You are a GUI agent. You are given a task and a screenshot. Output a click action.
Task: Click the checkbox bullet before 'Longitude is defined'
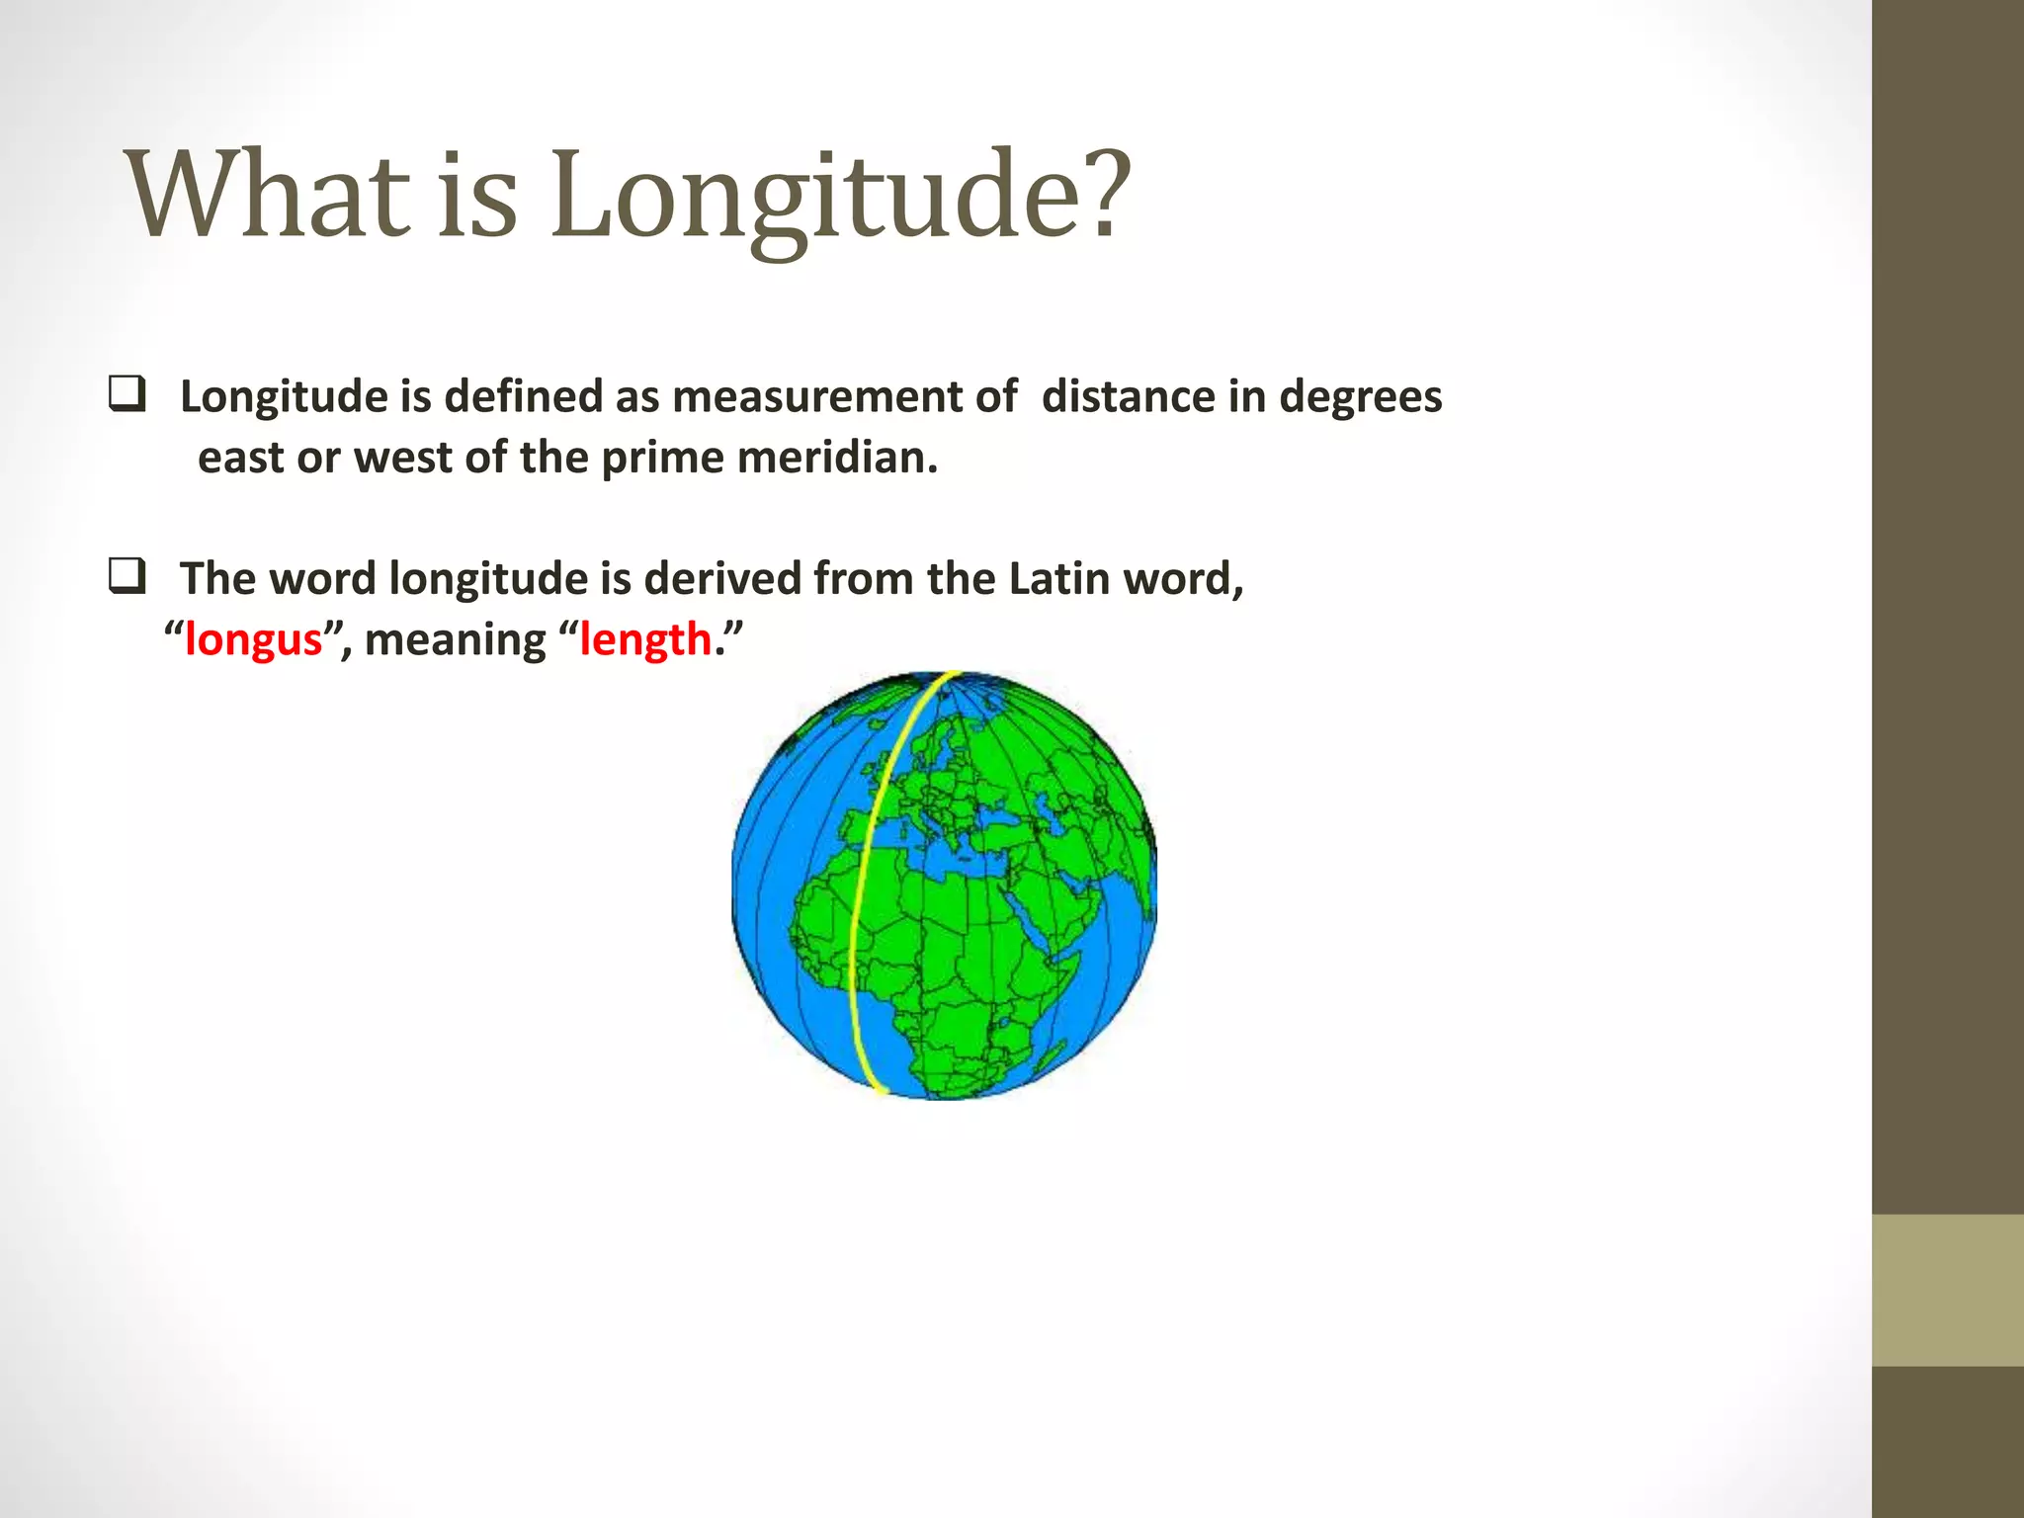127,394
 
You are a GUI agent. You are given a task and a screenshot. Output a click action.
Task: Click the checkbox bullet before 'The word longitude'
127,576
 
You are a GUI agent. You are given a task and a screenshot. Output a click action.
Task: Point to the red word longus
254,640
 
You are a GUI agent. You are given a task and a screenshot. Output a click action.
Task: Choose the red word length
645,640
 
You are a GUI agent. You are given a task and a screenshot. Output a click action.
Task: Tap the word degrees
1360,397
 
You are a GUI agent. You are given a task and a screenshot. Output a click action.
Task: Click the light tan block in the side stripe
1947,1290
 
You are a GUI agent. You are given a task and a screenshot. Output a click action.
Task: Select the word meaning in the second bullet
455,640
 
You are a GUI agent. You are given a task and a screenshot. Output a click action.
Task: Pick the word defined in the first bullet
524,397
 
